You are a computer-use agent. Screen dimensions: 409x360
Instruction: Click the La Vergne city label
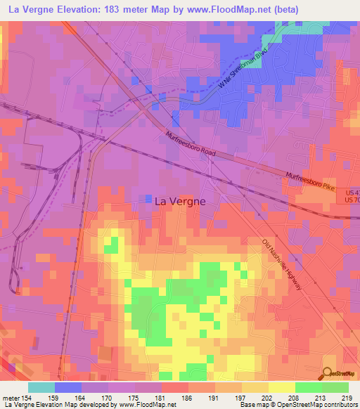(x=179, y=200)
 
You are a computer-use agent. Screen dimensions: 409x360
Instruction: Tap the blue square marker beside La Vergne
(x=147, y=200)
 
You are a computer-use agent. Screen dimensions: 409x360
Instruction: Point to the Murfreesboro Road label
(x=191, y=145)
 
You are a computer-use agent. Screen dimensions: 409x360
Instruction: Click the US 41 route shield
(x=352, y=191)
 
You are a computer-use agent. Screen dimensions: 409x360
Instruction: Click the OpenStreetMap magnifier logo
(x=328, y=374)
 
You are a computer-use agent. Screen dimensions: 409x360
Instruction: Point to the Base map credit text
(x=254, y=405)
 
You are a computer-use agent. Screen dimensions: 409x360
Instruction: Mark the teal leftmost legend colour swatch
(x=41, y=387)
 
